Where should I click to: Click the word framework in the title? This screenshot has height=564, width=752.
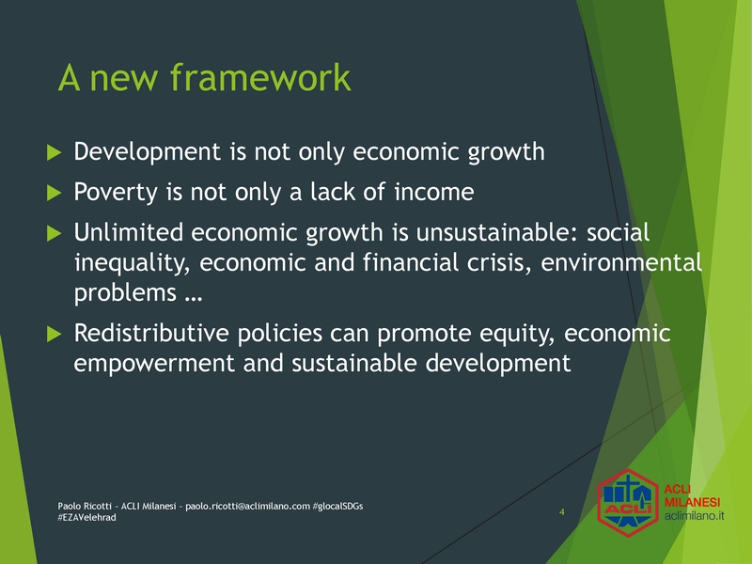260,77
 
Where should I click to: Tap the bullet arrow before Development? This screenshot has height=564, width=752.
55,153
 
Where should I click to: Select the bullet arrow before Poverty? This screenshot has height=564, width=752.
55,194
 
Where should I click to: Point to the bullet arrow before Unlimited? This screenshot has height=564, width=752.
55,233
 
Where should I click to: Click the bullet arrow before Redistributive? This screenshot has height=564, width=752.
55,335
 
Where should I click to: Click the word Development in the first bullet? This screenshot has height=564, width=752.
148,152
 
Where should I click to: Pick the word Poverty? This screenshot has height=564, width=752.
116,193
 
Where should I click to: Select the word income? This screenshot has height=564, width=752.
434,192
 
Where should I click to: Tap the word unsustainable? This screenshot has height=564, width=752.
498,232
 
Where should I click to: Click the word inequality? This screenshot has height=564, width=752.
132,263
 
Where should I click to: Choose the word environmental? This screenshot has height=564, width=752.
621,262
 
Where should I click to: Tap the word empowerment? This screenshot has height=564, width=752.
154,364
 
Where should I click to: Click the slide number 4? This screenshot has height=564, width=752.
561,512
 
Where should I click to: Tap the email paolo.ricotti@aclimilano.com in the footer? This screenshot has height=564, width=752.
247,507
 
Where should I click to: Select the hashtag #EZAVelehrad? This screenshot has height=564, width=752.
86,518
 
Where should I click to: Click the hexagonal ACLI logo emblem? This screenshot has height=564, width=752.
628,503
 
